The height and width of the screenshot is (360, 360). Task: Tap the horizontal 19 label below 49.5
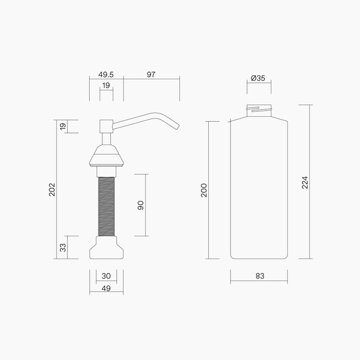click(106, 85)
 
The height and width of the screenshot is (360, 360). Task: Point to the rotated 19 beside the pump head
click(63, 127)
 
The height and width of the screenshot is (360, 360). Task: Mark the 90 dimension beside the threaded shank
click(141, 205)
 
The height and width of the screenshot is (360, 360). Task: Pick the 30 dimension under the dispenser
click(106, 276)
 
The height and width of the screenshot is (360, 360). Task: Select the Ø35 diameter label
click(259, 78)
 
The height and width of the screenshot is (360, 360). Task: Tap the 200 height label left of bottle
click(204, 190)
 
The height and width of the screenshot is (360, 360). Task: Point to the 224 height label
click(305, 182)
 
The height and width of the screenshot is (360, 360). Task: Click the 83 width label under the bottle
click(259, 275)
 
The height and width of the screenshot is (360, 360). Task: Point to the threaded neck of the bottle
click(259, 110)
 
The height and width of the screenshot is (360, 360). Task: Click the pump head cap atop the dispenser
click(106, 125)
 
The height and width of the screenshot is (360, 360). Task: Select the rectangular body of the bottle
click(259, 188)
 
